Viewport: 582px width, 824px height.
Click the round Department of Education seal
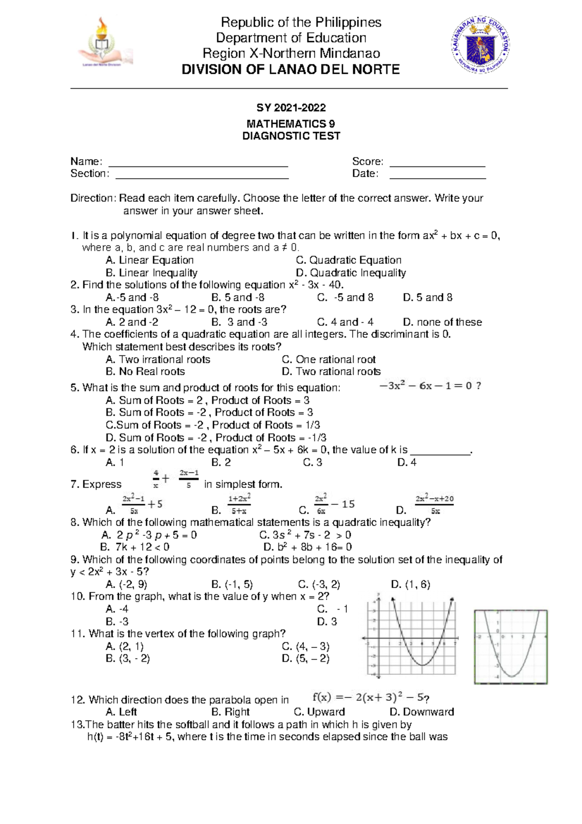point(480,46)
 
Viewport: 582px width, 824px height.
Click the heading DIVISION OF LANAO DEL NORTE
point(291,70)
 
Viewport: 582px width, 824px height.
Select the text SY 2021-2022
point(291,108)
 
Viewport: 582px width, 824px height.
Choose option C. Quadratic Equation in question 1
point(348,260)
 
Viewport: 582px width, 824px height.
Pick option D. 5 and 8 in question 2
point(427,297)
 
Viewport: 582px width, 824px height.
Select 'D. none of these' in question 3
point(442,322)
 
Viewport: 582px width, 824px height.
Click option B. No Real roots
point(145,372)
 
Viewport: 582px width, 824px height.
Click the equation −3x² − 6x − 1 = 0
point(429,386)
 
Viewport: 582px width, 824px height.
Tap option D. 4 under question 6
point(406,462)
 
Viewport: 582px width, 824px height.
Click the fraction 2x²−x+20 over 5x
point(434,504)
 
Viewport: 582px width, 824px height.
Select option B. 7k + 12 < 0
point(135,547)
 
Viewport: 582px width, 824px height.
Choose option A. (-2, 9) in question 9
point(126,584)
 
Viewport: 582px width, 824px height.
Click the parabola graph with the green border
point(510,647)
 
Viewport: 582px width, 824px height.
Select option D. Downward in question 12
point(421,712)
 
